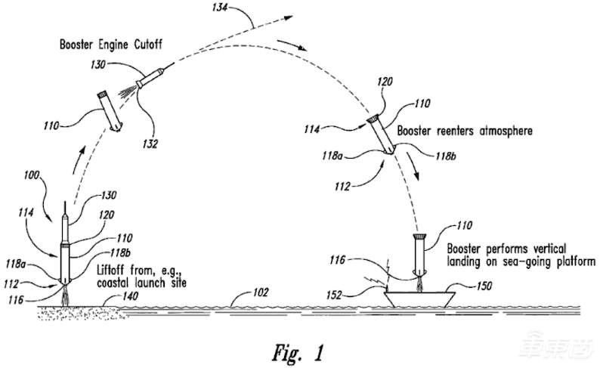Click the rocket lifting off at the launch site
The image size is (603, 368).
(66, 249)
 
